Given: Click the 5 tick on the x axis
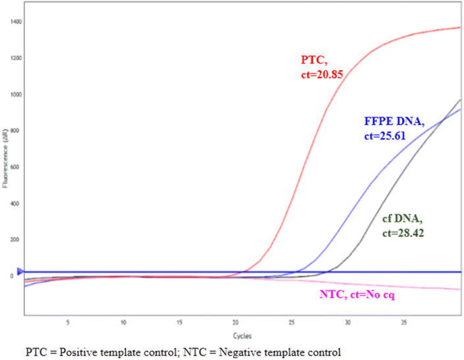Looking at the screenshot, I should pyautogui.click(x=68, y=323).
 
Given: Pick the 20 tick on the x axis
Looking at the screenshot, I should pyautogui.click(x=236, y=323).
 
